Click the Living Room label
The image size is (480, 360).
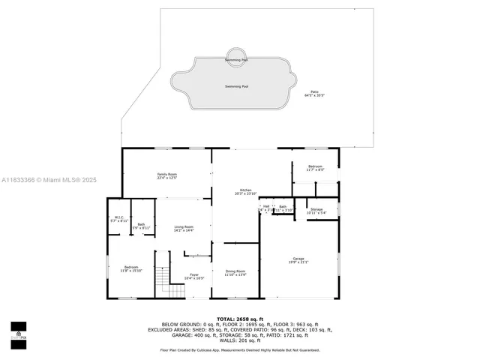point(184,228)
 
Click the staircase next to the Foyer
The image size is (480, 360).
point(163,282)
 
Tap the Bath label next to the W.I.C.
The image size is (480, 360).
point(141,225)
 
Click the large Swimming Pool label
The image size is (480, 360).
point(236,86)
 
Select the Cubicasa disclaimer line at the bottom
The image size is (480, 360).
point(239,349)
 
